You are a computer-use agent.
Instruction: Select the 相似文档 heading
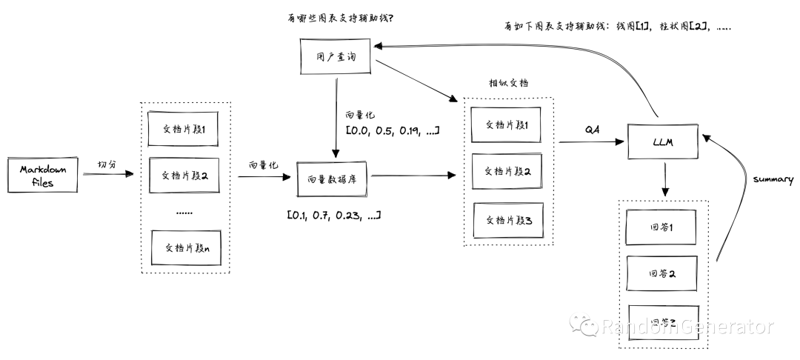[508, 81]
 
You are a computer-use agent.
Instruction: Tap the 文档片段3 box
[508, 219]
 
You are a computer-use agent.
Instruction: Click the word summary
[773, 179]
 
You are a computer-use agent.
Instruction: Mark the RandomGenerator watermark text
[687, 327]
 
